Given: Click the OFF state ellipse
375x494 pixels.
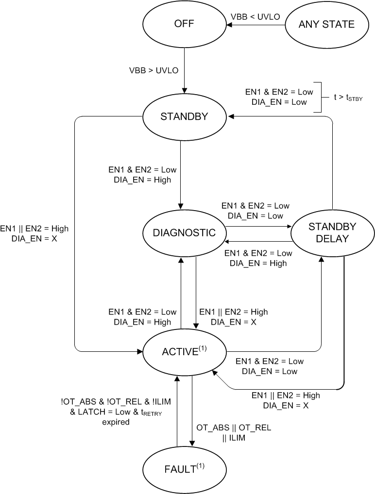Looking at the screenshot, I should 184,24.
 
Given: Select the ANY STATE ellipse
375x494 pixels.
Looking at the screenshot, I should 326,24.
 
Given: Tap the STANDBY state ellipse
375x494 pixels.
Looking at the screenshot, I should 184,116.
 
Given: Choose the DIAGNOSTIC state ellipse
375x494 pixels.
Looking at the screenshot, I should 184,232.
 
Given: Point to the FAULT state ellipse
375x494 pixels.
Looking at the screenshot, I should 184,469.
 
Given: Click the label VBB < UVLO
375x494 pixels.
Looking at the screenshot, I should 256,17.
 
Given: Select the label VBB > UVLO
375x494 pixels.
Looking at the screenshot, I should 154,70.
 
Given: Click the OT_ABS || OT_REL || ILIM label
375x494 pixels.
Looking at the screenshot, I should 234,433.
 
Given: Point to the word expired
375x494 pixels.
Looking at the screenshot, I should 116,422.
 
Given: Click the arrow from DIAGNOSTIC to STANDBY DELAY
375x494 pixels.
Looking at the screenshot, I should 257,226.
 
